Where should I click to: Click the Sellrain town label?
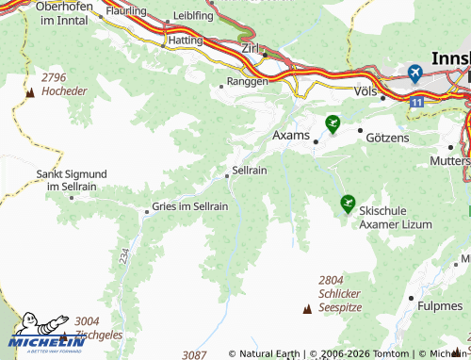250,172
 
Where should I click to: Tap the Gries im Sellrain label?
190,206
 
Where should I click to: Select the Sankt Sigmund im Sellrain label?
72,180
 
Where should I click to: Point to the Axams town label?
290,136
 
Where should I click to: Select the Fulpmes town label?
440,304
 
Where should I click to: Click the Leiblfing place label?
193,17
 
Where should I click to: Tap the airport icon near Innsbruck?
415,72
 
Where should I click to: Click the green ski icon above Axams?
332,123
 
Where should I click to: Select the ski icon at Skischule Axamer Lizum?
348,203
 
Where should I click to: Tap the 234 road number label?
124,254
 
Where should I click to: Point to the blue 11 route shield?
416,99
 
